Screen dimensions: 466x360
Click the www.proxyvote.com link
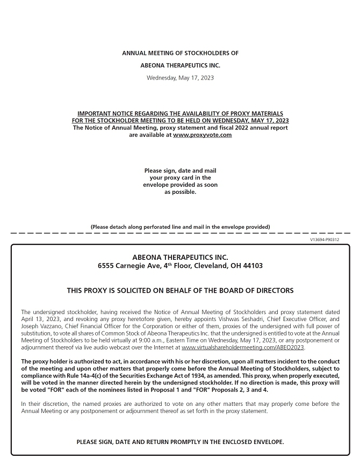[202, 135]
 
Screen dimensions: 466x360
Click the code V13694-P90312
[325, 239]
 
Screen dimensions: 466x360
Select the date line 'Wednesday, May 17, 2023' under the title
[180, 78]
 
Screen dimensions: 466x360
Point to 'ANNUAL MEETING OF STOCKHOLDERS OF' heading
[180, 53]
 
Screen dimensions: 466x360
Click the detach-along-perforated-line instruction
[180, 227]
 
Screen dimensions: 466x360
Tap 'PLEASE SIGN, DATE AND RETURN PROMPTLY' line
[180, 442]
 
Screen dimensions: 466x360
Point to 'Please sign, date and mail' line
[180, 171]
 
